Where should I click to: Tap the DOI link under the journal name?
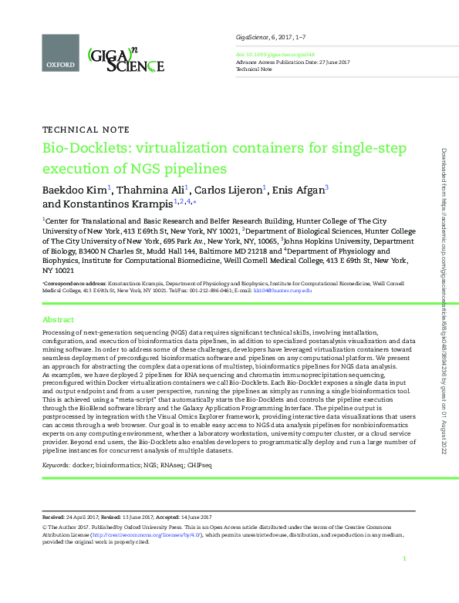263,55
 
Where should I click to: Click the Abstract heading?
58,319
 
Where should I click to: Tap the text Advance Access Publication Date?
274,62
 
